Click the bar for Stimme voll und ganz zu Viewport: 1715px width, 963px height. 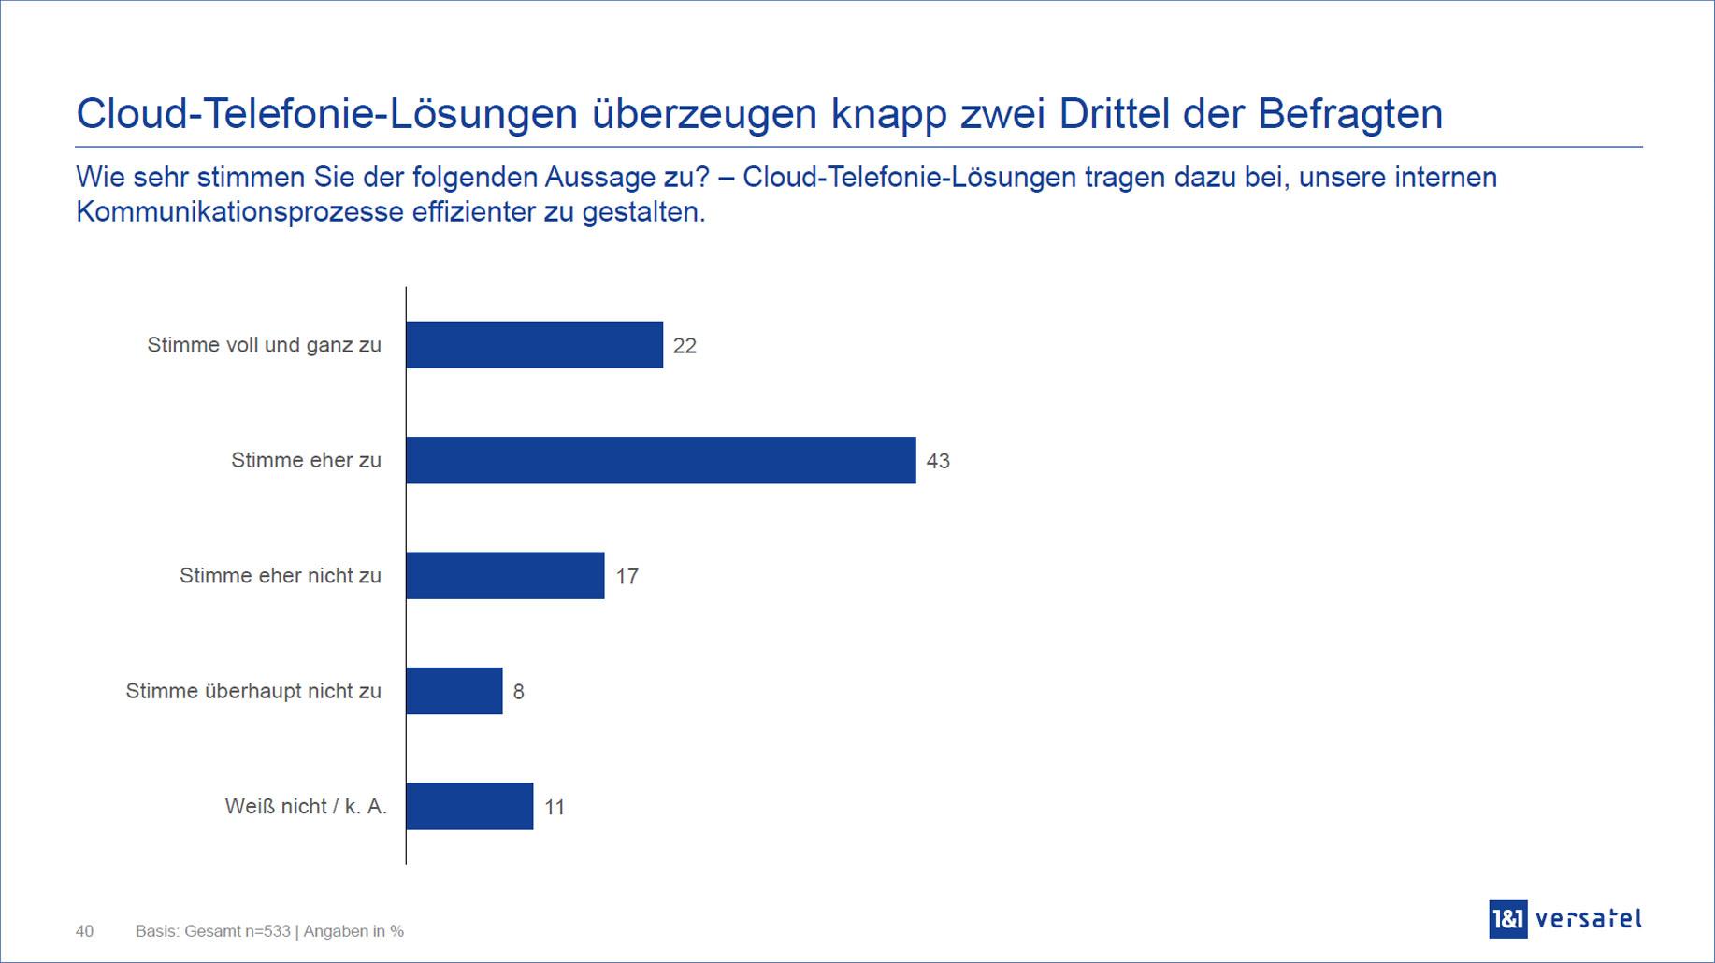pyautogui.click(x=534, y=345)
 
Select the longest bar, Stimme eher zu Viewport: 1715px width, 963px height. pyautogui.click(x=660, y=460)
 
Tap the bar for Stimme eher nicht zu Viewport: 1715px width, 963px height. pyautogui.click(x=505, y=575)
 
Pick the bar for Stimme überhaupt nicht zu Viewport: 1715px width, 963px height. pyautogui.click(x=454, y=691)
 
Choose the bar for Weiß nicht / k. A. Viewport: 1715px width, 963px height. pyautogui.click(x=469, y=806)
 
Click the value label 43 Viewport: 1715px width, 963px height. pyautogui.click(x=938, y=461)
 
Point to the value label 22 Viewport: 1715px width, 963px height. pyautogui.click(x=685, y=346)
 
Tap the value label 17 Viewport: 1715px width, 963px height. pyautogui.click(x=627, y=577)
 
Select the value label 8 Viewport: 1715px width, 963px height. pyautogui.click(x=518, y=692)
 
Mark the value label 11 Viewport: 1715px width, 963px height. pyautogui.click(x=555, y=808)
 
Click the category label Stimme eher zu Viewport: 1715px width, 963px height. pyautogui.click(x=306, y=460)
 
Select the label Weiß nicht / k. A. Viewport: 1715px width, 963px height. pyautogui.click(x=305, y=806)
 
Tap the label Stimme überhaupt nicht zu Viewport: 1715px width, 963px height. pyautogui.click(x=253, y=691)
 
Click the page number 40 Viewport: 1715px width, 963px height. pyautogui.click(x=84, y=931)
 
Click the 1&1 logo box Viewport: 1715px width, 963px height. pyautogui.click(x=1507, y=919)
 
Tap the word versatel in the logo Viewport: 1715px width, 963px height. pyautogui.click(x=1588, y=919)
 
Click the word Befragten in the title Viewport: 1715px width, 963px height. pyautogui.click(x=1349, y=114)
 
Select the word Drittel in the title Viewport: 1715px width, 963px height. pyautogui.click(x=1114, y=114)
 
